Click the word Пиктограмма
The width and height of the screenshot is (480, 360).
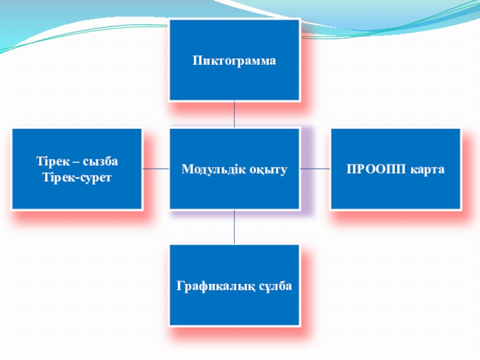(x=234, y=61)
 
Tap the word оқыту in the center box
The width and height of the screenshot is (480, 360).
(x=266, y=170)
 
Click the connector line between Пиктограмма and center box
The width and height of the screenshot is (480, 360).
(x=234, y=114)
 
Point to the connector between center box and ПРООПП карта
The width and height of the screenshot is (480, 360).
(x=315, y=169)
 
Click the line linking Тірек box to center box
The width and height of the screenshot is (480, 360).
(x=156, y=169)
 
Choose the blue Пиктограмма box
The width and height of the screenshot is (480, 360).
(x=234, y=36)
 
